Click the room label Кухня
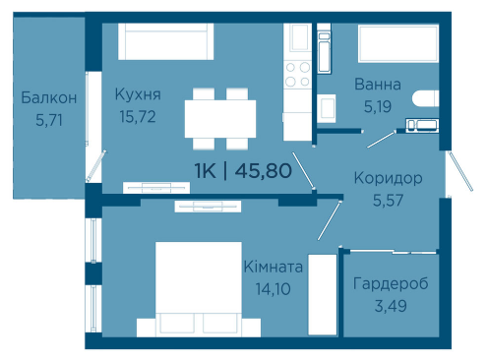[138, 94]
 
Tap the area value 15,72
[138, 117]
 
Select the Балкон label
[49, 97]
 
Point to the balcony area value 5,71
[49, 120]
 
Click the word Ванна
[378, 85]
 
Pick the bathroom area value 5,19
[378, 106]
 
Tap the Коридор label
[388, 179]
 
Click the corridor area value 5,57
[388, 201]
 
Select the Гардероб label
[391, 284]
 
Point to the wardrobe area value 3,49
[391, 306]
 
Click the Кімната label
[274, 267]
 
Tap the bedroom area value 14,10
[274, 289]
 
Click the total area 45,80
[264, 171]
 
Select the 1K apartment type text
[206, 171]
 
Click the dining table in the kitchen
[220, 119]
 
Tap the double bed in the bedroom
[199, 289]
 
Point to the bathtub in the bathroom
[398, 43]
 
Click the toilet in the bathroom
[425, 98]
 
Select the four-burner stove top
[297, 75]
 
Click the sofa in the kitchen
[166, 41]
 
